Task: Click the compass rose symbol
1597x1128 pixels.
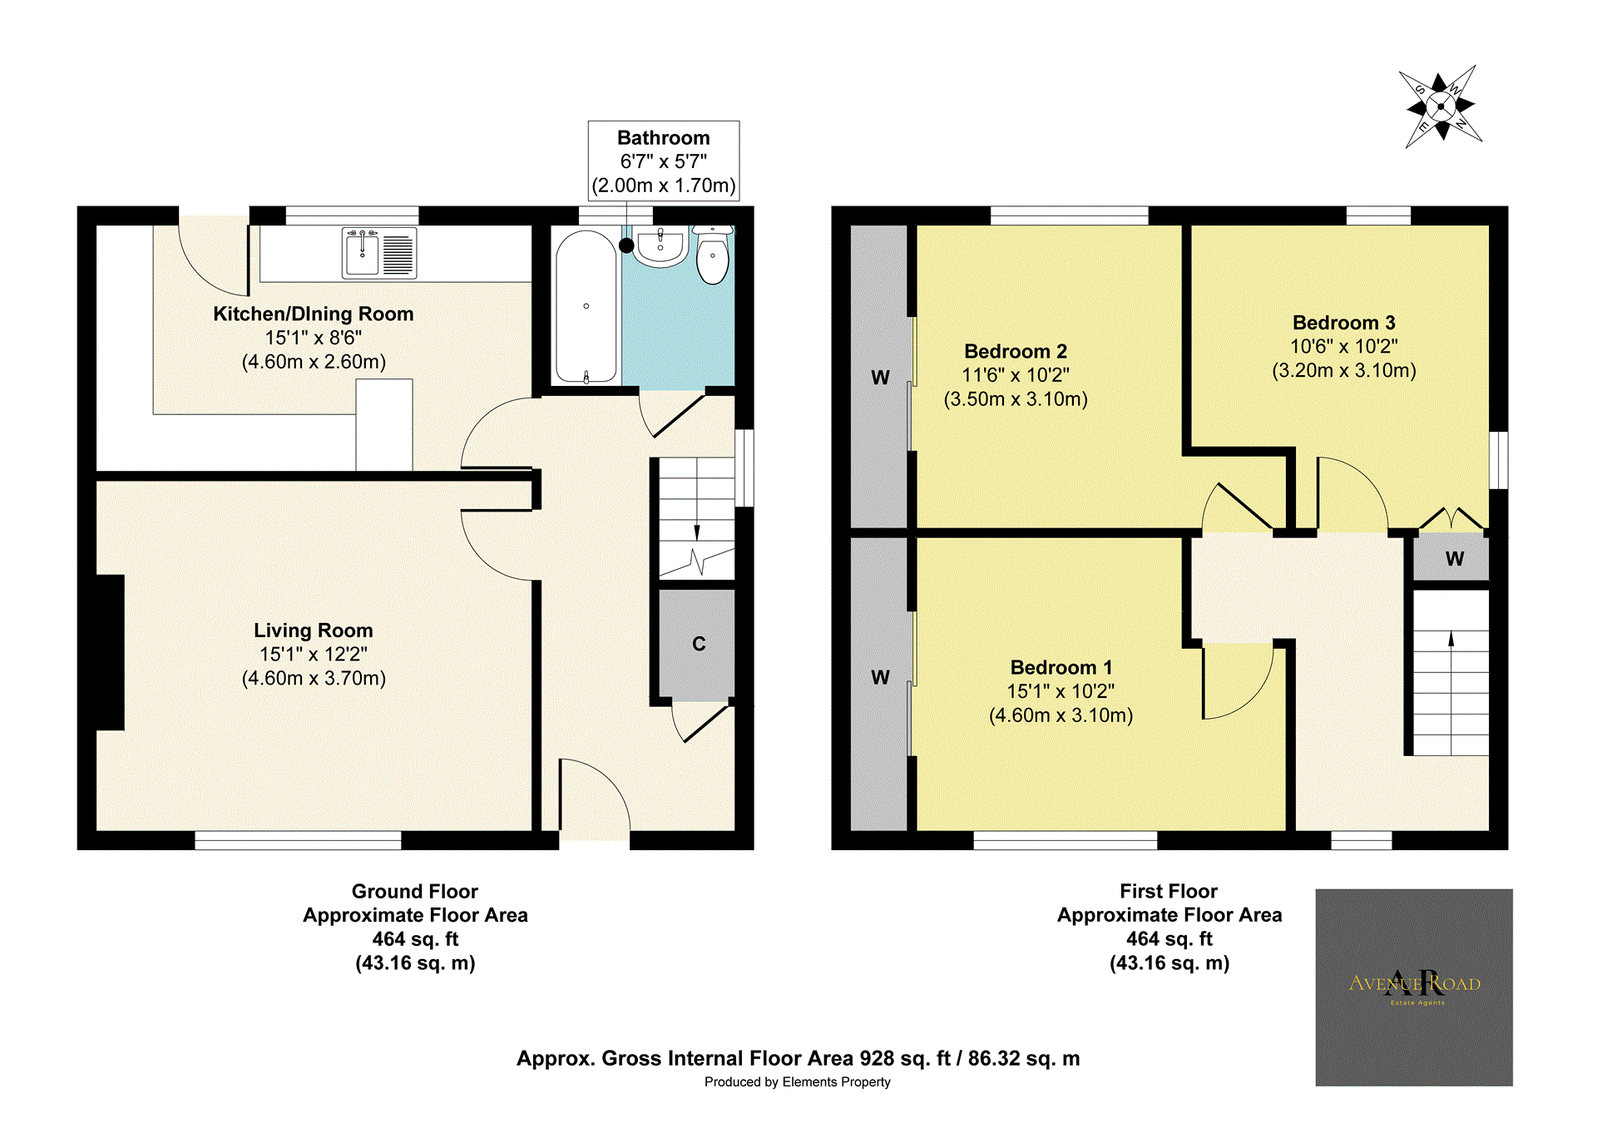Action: coord(1441,106)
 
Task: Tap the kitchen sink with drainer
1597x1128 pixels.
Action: coord(379,253)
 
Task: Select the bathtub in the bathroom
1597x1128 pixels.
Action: coord(586,306)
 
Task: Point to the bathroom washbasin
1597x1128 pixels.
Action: coord(660,247)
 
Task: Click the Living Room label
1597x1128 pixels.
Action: coord(313,631)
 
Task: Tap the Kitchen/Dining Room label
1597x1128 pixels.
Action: coord(313,314)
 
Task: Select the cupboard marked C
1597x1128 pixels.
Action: coord(697,645)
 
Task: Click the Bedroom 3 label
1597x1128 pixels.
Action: coord(1343,323)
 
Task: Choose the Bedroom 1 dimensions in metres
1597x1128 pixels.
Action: coord(1061,715)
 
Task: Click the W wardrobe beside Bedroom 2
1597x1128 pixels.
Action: coord(880,378)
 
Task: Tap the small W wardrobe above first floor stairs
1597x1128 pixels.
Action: coord(1453,559)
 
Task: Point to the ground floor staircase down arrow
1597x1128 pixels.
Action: coord(697,532)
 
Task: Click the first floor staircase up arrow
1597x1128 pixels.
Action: coord(1451,640)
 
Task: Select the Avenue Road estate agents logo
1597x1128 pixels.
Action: coord(1413,987)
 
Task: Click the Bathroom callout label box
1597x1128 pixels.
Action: coord(663,161)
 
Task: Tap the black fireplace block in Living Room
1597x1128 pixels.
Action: coord(110,652)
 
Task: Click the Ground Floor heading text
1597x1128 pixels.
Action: coord(414,892)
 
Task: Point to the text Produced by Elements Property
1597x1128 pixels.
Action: coord(797,1082)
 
